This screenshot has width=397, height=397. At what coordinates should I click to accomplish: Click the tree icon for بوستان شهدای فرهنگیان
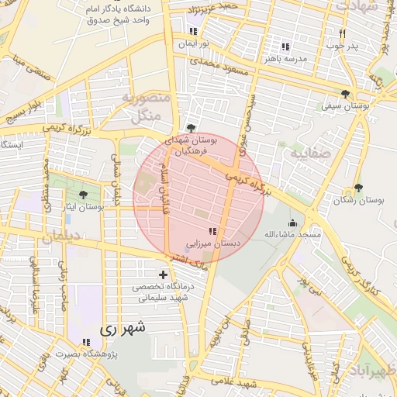pos(191,129)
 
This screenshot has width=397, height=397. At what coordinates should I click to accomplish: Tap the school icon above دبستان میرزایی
pos(213,230)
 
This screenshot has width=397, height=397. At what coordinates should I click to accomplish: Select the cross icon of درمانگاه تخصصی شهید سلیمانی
pos(163,274)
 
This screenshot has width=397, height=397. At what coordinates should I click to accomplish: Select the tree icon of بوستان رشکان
pos(357,188)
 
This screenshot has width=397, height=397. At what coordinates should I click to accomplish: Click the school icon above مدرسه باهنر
pos(285,46)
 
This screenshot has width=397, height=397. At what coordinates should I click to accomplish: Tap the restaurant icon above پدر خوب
pos(342,33)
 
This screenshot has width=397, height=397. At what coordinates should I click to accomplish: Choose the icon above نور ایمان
pos(192,32)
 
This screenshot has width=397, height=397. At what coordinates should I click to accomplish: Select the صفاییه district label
pos(310,154)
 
